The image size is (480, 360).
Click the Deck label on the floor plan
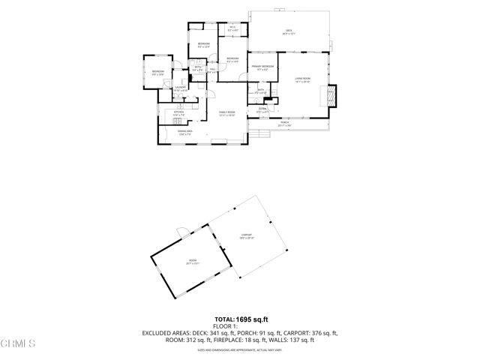289,31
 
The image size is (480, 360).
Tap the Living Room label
303,79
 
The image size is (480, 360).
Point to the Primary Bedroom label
262,67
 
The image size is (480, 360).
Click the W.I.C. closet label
232,28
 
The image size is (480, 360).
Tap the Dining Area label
186,132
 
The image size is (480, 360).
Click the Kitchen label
179,113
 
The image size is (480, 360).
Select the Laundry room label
180,88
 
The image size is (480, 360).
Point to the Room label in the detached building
192,262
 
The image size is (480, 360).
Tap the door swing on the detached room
181,231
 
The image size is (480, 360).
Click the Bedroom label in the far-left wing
158,72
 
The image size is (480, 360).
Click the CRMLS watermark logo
18,344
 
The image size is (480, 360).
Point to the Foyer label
262,109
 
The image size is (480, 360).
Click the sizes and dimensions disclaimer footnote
239,349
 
